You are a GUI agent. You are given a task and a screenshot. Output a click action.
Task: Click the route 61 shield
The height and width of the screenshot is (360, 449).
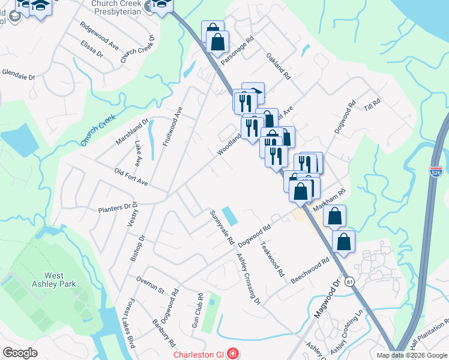[x=350, y=281]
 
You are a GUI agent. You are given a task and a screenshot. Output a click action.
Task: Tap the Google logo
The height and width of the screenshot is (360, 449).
[x=20, y=353]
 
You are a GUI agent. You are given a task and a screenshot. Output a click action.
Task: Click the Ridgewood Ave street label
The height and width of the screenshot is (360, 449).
[x=100, y=36]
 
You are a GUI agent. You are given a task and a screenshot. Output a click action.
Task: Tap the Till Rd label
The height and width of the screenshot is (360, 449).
[x=372, y=103]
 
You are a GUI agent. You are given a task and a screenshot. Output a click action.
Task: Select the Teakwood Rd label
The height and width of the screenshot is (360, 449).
[x=272, y=259]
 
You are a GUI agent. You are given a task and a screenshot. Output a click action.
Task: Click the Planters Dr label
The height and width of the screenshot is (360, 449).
[x=114, y=208]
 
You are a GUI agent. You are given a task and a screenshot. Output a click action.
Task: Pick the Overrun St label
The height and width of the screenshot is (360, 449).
[x=150, y=285]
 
